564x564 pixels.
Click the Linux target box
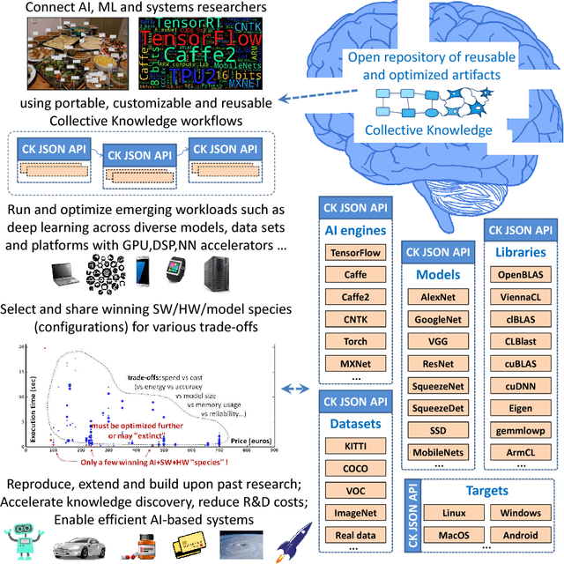point(446,512)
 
